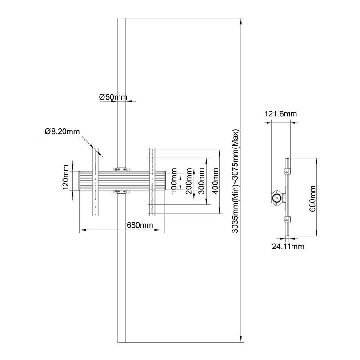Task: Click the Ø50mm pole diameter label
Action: point(113,96)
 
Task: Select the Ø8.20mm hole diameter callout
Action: point(62,132)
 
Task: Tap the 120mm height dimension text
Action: point(66,178)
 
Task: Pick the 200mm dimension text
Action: point(189,181)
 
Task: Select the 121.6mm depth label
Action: point(281,114)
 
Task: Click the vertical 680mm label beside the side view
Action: point(312,198)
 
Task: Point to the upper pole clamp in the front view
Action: point(121,169)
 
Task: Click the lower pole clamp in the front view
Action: point(121,192)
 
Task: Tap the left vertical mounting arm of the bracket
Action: point(96,182)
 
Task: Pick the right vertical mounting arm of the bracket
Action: point(152,182)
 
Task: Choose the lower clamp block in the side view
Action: point(288,219)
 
